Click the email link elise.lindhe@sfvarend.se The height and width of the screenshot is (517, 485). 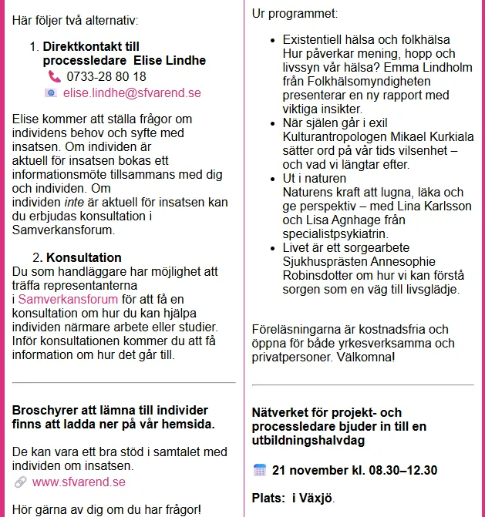132,93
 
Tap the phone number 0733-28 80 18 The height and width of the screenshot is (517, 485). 106,76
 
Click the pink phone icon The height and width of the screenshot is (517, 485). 54,76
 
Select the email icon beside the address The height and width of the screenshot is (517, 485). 51,93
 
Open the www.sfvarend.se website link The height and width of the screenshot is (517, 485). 79,482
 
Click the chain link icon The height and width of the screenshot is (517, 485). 21,482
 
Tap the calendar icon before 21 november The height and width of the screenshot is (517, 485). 260,470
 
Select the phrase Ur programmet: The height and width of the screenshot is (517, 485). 295,14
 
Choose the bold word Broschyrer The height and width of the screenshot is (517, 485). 45,410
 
